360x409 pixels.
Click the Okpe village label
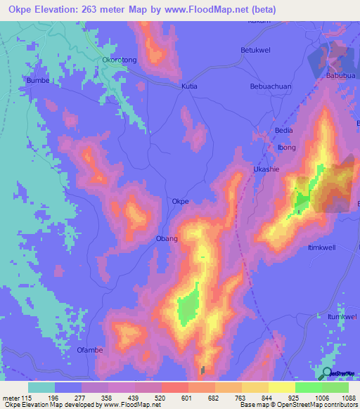(181, 202)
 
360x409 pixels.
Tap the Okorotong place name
(120, 60)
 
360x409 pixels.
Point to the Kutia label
(189, 86)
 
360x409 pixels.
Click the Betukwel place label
(255, 51)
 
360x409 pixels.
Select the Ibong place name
(287, 147)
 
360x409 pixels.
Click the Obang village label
(167, 239)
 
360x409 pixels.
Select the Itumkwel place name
(343, 318)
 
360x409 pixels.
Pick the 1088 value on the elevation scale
(349, 398)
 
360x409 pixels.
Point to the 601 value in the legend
(186, 398)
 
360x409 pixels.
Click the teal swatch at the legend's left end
(41, 387)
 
